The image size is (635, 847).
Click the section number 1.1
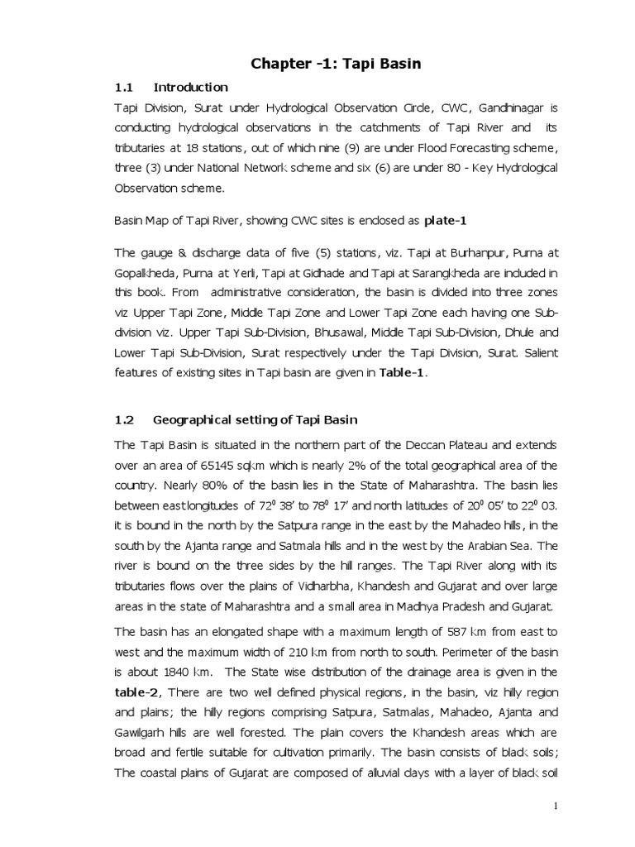pos(124,87)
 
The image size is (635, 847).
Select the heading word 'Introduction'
pos(191,87)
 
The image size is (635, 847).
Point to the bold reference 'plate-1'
pos(446,221)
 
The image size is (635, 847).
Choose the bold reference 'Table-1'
pos(403,373)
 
